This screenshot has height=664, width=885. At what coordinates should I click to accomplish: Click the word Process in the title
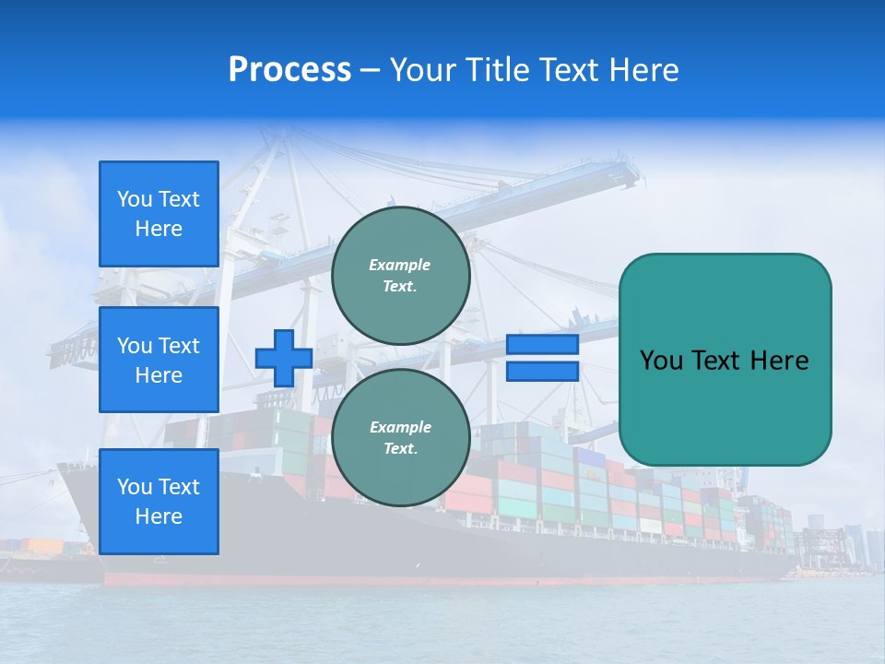coord(289,70)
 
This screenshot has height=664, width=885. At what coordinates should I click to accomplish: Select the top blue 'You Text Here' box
coord(159,214)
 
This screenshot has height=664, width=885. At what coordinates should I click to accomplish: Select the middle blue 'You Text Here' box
coord(159,360)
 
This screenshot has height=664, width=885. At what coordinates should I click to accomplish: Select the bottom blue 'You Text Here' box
coord(159,502)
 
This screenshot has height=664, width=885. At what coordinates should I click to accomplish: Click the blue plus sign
coord(283,358)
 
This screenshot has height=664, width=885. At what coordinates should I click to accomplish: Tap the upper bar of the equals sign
coord(542,345)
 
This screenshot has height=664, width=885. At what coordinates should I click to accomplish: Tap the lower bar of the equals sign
coord(542,372)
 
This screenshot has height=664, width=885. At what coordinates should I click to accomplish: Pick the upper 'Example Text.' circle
coord(400,276)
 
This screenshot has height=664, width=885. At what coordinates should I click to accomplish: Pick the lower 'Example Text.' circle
coord(400,438)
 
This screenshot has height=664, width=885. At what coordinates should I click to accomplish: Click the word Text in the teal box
coord(714,361)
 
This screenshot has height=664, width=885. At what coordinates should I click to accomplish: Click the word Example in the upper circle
coord(400,265)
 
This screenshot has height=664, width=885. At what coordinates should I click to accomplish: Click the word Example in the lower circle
coord(400,427)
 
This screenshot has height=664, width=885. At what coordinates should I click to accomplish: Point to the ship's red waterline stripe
coord(442,580)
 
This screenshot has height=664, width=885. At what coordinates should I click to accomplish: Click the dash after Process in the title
coord(370,70)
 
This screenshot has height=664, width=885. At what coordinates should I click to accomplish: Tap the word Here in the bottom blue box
coord(159,516)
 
